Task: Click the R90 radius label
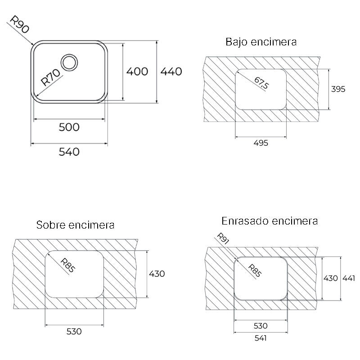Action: click(20, 25)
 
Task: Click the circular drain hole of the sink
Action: click(70, 62)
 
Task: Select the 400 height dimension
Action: click(137, 71)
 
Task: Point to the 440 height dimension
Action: click(171, 71)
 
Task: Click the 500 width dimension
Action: click(69, 127)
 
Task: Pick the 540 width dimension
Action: click(69, 152)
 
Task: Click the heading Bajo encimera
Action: click(261, 42)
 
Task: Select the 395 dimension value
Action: click(338, 89)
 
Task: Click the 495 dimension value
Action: click(261, 143)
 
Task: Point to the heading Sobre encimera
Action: click(76, 225)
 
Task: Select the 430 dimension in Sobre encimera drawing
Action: click(157, 274)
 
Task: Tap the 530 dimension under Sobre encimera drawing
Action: click(74, 332)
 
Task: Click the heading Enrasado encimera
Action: click(270, 221)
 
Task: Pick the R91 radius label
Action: click(223, 239)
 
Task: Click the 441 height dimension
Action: click(349, 278)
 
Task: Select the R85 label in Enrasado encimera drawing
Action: click(255, 269)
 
